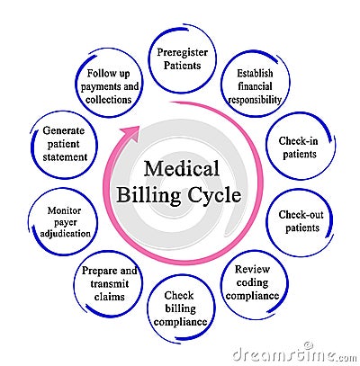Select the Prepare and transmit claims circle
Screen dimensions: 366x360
pos(109,282)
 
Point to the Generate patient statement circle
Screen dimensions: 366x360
pos(64,144)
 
